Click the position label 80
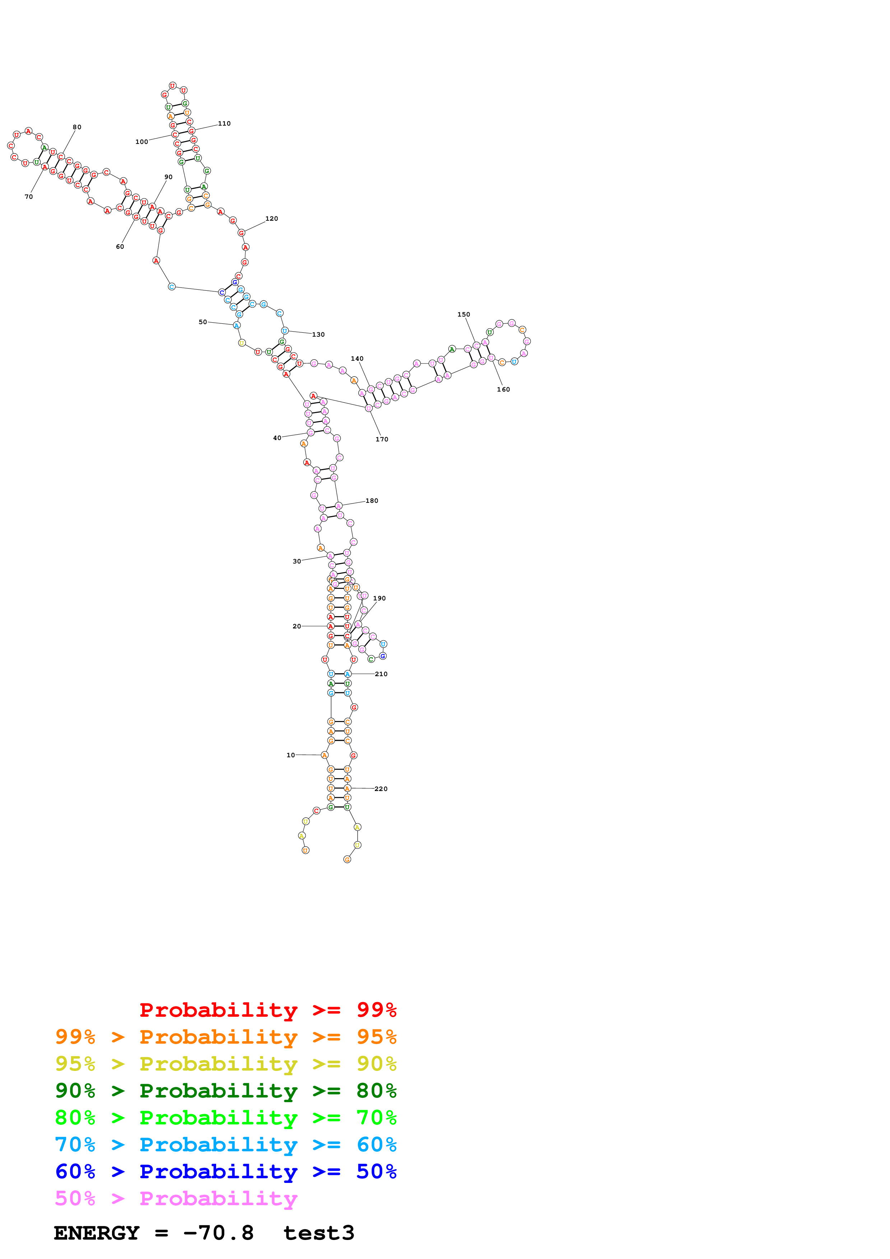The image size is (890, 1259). pyautogui.click(x=77, y=127)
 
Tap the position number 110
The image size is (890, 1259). pyautogui.click(x=224, y=123)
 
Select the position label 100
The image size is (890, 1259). pyautogui.click(x=141, y=141)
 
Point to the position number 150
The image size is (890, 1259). pyautogui.click(x=463, y=314)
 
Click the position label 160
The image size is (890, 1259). pyautogui.click(x=503, y=389)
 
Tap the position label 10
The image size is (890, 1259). pyautogui.click(x=291, y=755)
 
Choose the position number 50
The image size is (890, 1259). pyautogui.click(x=203, y=322)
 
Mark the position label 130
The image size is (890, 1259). pyautogui.click(x=318, y=334)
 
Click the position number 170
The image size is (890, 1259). pyautogui.click(x=382, y=439)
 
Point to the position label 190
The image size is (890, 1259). pyautogui.click(x=379, y=598)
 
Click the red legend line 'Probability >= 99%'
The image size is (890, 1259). pyautogui.click(x=267, y=1010)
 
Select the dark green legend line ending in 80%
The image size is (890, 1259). pyautogui.click(x=225, y=1091)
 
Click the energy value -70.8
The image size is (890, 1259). pyautogui.click(x=218, y=1233)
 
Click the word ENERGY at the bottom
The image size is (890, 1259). pyautogui.click(x=97, y=1233)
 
